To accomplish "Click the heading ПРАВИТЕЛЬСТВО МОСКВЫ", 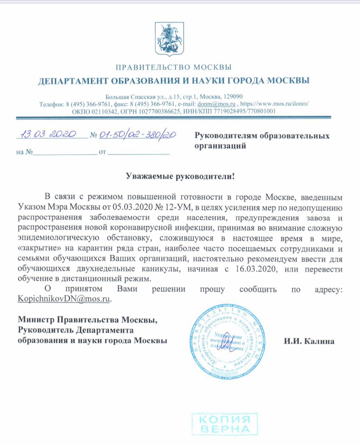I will point(173,67).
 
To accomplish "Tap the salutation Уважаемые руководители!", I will point(180,176).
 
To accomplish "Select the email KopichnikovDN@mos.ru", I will point(64,299).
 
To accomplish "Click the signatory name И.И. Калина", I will point(309,341).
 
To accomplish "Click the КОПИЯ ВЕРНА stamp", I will point(225,423).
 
